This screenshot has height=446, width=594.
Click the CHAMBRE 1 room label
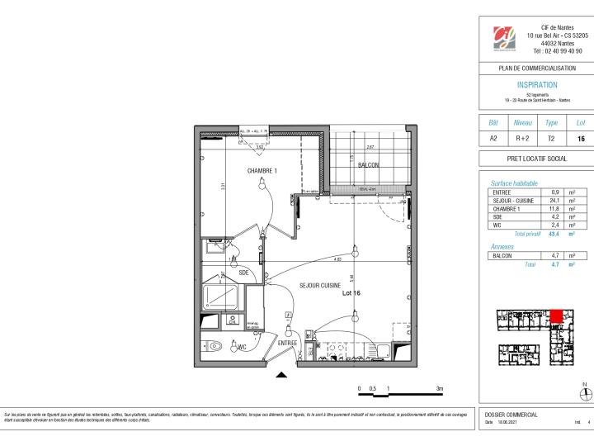pyautogui.click(x=262, y=171)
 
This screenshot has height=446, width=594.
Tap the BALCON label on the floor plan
pyautogui.click(x=368, y=165)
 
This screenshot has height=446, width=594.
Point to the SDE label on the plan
pyautogui.click(x=243, y=272)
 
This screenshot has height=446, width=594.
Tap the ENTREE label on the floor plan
pyautogui.click(x=286, y=342)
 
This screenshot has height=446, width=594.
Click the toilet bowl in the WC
pyautogui.click(x=217, y=346)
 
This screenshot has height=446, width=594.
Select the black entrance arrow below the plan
pyautogui.click(x=281, y=376)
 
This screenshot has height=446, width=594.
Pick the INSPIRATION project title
pyautogui.click(x=536, y=85)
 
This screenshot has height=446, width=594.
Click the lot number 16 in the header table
pyautogui.click(x=581, y=140)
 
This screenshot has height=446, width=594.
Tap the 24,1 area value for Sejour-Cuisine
pyautogui.click(x=554, y=201)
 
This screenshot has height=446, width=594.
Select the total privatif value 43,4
pyautogui.click(x=554, y=235)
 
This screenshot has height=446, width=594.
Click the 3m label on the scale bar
pyautogui.click(x=439, y=388)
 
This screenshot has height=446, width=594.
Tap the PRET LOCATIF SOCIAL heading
pyautogui.click(x=536, y=158)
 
